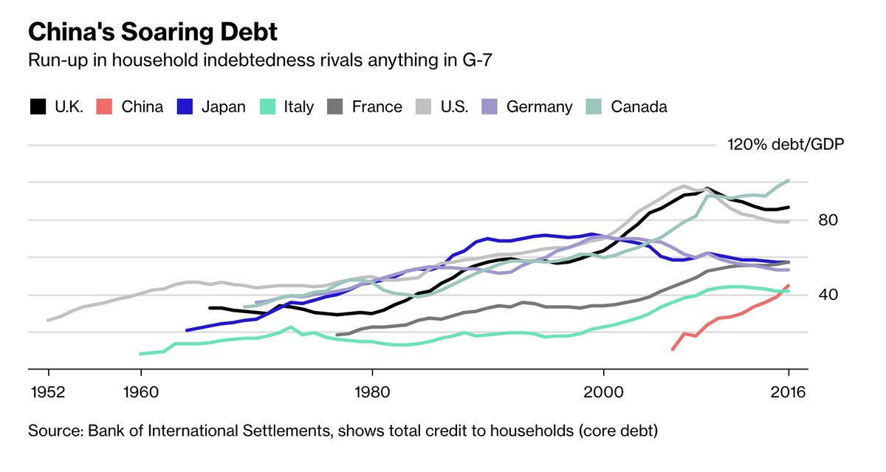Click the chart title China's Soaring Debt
(x=153, y=33)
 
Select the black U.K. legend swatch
(x=37, y=106)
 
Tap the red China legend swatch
(x=106, y=106)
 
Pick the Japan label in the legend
(x=223, y=106)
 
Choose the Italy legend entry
(x=299, y=106)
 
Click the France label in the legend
(x=377, y=106)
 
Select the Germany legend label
(x=539, y=106)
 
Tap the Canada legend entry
(x=639, y=106)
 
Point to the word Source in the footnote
(x=52, y=430)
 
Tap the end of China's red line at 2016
(x=789, y=285)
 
